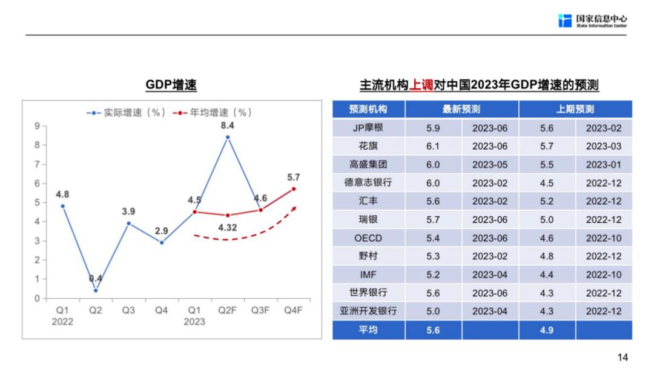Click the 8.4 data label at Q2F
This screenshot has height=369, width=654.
[228, 126]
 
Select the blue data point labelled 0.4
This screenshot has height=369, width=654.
[96, 290]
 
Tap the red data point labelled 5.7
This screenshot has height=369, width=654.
[294, 189]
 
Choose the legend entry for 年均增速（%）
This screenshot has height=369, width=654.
[212, 113]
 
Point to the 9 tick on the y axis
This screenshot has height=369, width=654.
[37, 126]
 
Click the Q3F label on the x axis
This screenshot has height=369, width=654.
[260, 310]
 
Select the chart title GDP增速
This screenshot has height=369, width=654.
[171, 85]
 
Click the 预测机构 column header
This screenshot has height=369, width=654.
[368, 110]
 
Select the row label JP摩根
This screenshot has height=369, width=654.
[368, 128]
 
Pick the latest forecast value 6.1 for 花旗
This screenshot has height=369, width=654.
[434, 146]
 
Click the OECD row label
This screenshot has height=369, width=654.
[368, 238]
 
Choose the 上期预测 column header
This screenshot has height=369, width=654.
[575, 110]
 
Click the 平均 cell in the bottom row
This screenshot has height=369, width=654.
[368, 330]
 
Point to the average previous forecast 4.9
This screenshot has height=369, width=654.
[547, 330]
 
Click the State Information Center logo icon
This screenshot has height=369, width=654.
[564, 21]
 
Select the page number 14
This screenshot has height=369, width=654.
[623, 357]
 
